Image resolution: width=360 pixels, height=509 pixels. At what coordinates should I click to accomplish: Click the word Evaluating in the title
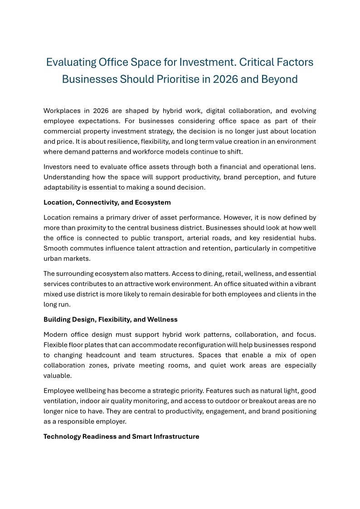72,62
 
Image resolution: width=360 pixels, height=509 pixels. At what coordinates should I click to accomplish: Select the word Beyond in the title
279,79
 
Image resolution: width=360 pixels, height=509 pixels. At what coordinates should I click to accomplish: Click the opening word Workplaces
64,111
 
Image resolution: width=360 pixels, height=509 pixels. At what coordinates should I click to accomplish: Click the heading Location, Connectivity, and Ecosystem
107,203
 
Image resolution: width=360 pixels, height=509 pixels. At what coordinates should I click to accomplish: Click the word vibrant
305,284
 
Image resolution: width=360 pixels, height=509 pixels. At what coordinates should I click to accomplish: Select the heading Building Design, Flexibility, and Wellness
110,320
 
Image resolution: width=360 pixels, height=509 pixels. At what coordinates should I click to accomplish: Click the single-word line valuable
58,375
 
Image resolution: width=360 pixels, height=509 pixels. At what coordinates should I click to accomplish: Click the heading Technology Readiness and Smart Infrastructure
121,436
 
